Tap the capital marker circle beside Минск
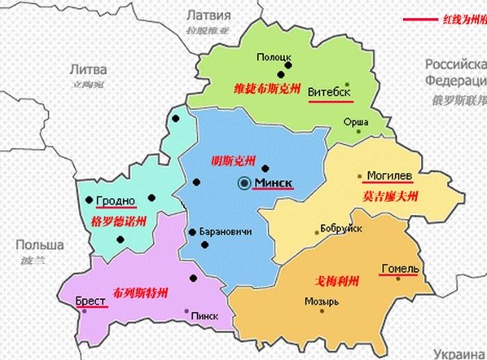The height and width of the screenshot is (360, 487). tap(244, 184)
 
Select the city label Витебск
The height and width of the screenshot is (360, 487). tap(330, 92)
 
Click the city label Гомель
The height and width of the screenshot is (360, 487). tap(399, 269)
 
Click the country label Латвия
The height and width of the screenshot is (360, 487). tap(209, 15)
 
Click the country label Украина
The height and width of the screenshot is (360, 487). tap(459, 353)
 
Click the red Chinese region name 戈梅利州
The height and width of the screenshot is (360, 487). tap(336, 281)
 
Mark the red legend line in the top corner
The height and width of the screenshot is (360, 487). tap(419, 20)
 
